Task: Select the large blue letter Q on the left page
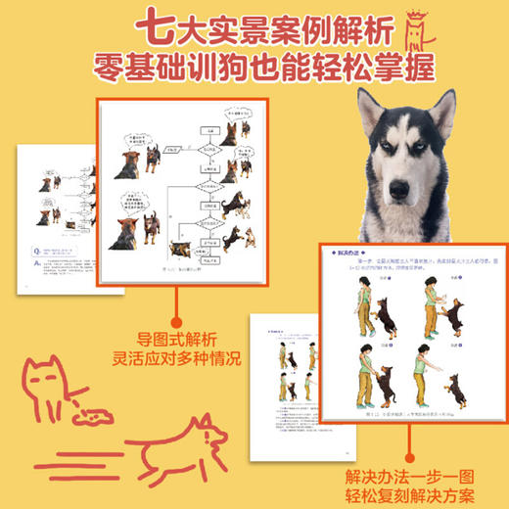[x=35, y=246]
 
